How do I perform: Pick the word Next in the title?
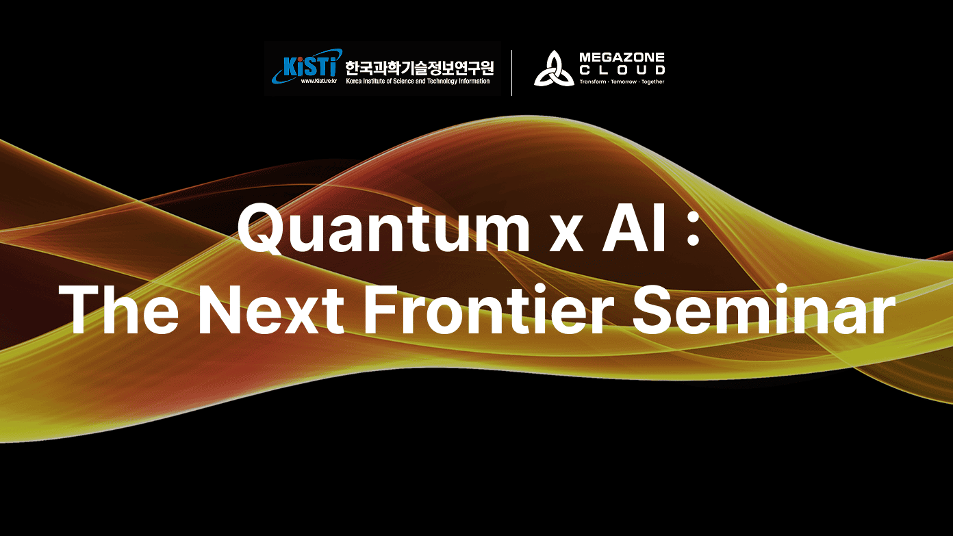270,309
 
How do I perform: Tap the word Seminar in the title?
763,309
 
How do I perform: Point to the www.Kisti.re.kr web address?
318,81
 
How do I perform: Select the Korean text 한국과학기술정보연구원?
419,67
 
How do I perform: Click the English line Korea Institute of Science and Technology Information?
418,81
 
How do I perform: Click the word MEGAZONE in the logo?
622,57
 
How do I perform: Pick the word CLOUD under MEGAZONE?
622,70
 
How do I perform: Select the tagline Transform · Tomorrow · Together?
622,81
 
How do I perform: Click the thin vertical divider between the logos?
511,73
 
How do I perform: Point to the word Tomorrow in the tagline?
624,81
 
